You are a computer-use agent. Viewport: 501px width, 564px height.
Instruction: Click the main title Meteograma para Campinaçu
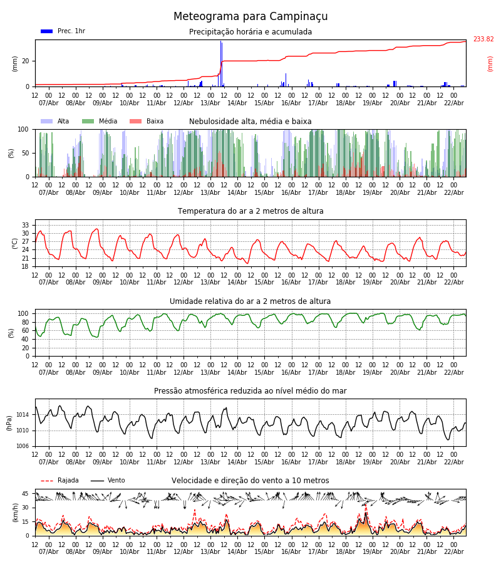click(250, 17)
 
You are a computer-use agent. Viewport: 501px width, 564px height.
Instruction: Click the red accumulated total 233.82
click(483, 39)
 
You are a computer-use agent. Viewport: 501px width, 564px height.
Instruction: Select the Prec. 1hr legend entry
click(63, 31)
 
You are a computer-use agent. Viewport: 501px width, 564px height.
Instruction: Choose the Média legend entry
click(100, 122)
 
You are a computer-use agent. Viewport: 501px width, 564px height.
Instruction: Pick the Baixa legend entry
click(147, 122)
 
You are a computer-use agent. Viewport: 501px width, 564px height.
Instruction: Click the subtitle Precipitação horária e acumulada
click(250, 32)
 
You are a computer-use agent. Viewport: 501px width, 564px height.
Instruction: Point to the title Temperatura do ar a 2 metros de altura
click(250, 211)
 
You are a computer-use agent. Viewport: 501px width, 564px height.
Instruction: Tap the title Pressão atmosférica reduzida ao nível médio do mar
click(250, 391)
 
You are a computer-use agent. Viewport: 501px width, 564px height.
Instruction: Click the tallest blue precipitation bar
click(221, 63)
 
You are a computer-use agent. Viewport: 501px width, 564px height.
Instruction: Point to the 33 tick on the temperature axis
click(26, 225)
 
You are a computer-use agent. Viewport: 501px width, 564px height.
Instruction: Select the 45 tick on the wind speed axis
click(26, 494)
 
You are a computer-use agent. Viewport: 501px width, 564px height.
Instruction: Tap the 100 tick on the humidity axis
click(24, 313)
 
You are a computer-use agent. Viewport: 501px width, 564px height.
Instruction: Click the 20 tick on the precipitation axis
click(26, 61)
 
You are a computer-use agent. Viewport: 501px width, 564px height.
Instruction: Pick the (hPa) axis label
click(10, 422)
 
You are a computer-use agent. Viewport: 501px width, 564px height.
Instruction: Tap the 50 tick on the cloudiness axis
click(26, 153)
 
